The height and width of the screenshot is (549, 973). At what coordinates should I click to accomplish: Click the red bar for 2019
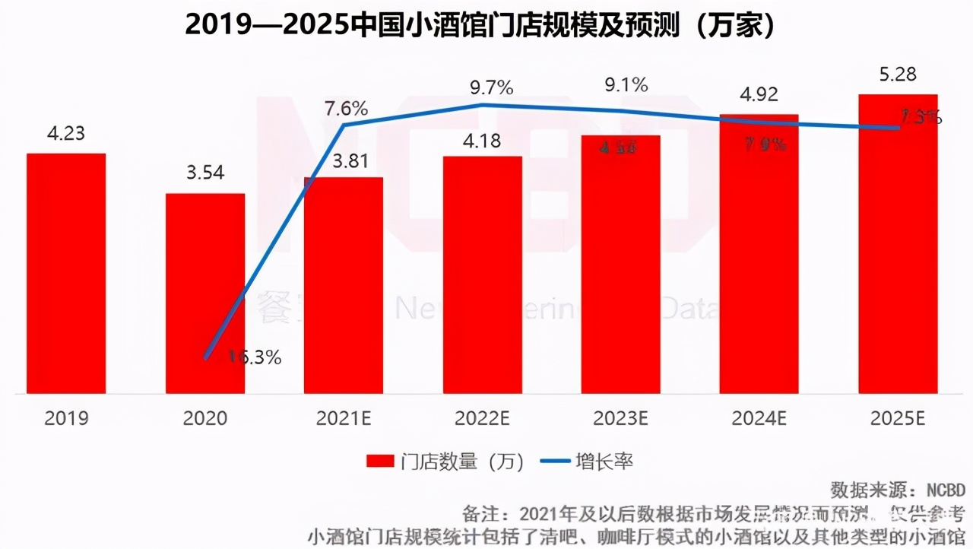coord(66,274)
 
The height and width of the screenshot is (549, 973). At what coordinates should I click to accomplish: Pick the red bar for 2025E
coord(898,244)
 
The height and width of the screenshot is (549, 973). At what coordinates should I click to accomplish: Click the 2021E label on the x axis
coord(344,418)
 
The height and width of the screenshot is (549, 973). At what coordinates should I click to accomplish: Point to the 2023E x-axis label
coord(620,418)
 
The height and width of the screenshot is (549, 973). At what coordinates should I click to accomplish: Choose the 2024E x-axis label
coord(759,418)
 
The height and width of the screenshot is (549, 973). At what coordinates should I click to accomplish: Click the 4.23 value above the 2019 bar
coord(65,135)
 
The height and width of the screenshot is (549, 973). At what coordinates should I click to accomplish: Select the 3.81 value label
coord(344,160)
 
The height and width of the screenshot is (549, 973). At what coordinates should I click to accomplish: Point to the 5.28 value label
coord(897,75)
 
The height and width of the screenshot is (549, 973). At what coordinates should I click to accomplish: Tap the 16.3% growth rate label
coord(255,357)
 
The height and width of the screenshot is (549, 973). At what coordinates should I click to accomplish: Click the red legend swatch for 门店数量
coord(379,462)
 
